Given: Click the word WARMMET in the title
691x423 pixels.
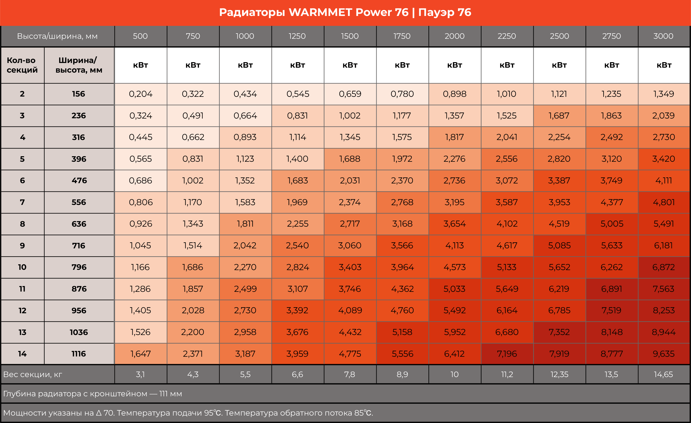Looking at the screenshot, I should (x=320, y=12).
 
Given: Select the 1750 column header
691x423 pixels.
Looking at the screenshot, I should (x=402, y=36).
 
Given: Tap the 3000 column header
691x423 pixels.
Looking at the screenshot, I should (x=663, y=36).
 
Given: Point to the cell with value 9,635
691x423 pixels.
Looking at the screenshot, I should (x=663, y=354).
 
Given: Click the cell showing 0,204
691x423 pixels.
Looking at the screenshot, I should (x=141, y=94).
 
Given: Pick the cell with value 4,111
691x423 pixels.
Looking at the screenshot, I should (x=663, y=180).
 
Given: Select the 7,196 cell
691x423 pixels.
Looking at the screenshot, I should (x=507, y=354).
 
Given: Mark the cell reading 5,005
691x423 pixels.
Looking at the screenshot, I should (x=611, y=224).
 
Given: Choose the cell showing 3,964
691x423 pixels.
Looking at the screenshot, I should (x=402, y=267).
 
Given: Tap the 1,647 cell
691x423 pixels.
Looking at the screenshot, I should (x=141, y=354).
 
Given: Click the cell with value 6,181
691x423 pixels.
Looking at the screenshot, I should (x=663, y=246).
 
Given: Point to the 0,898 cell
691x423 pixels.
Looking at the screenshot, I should (x=455, y=94).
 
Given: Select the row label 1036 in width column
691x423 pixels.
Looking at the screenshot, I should (x=79, y=332).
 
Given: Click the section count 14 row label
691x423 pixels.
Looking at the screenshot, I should (x=22, y=354).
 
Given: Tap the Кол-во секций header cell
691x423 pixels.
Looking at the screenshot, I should (x=22, y=65).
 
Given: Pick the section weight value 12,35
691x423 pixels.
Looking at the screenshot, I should (x=559, y=375).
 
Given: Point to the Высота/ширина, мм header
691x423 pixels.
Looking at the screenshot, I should (x=57, y=36).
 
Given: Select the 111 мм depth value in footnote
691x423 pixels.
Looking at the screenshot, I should (x=171, y=394).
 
